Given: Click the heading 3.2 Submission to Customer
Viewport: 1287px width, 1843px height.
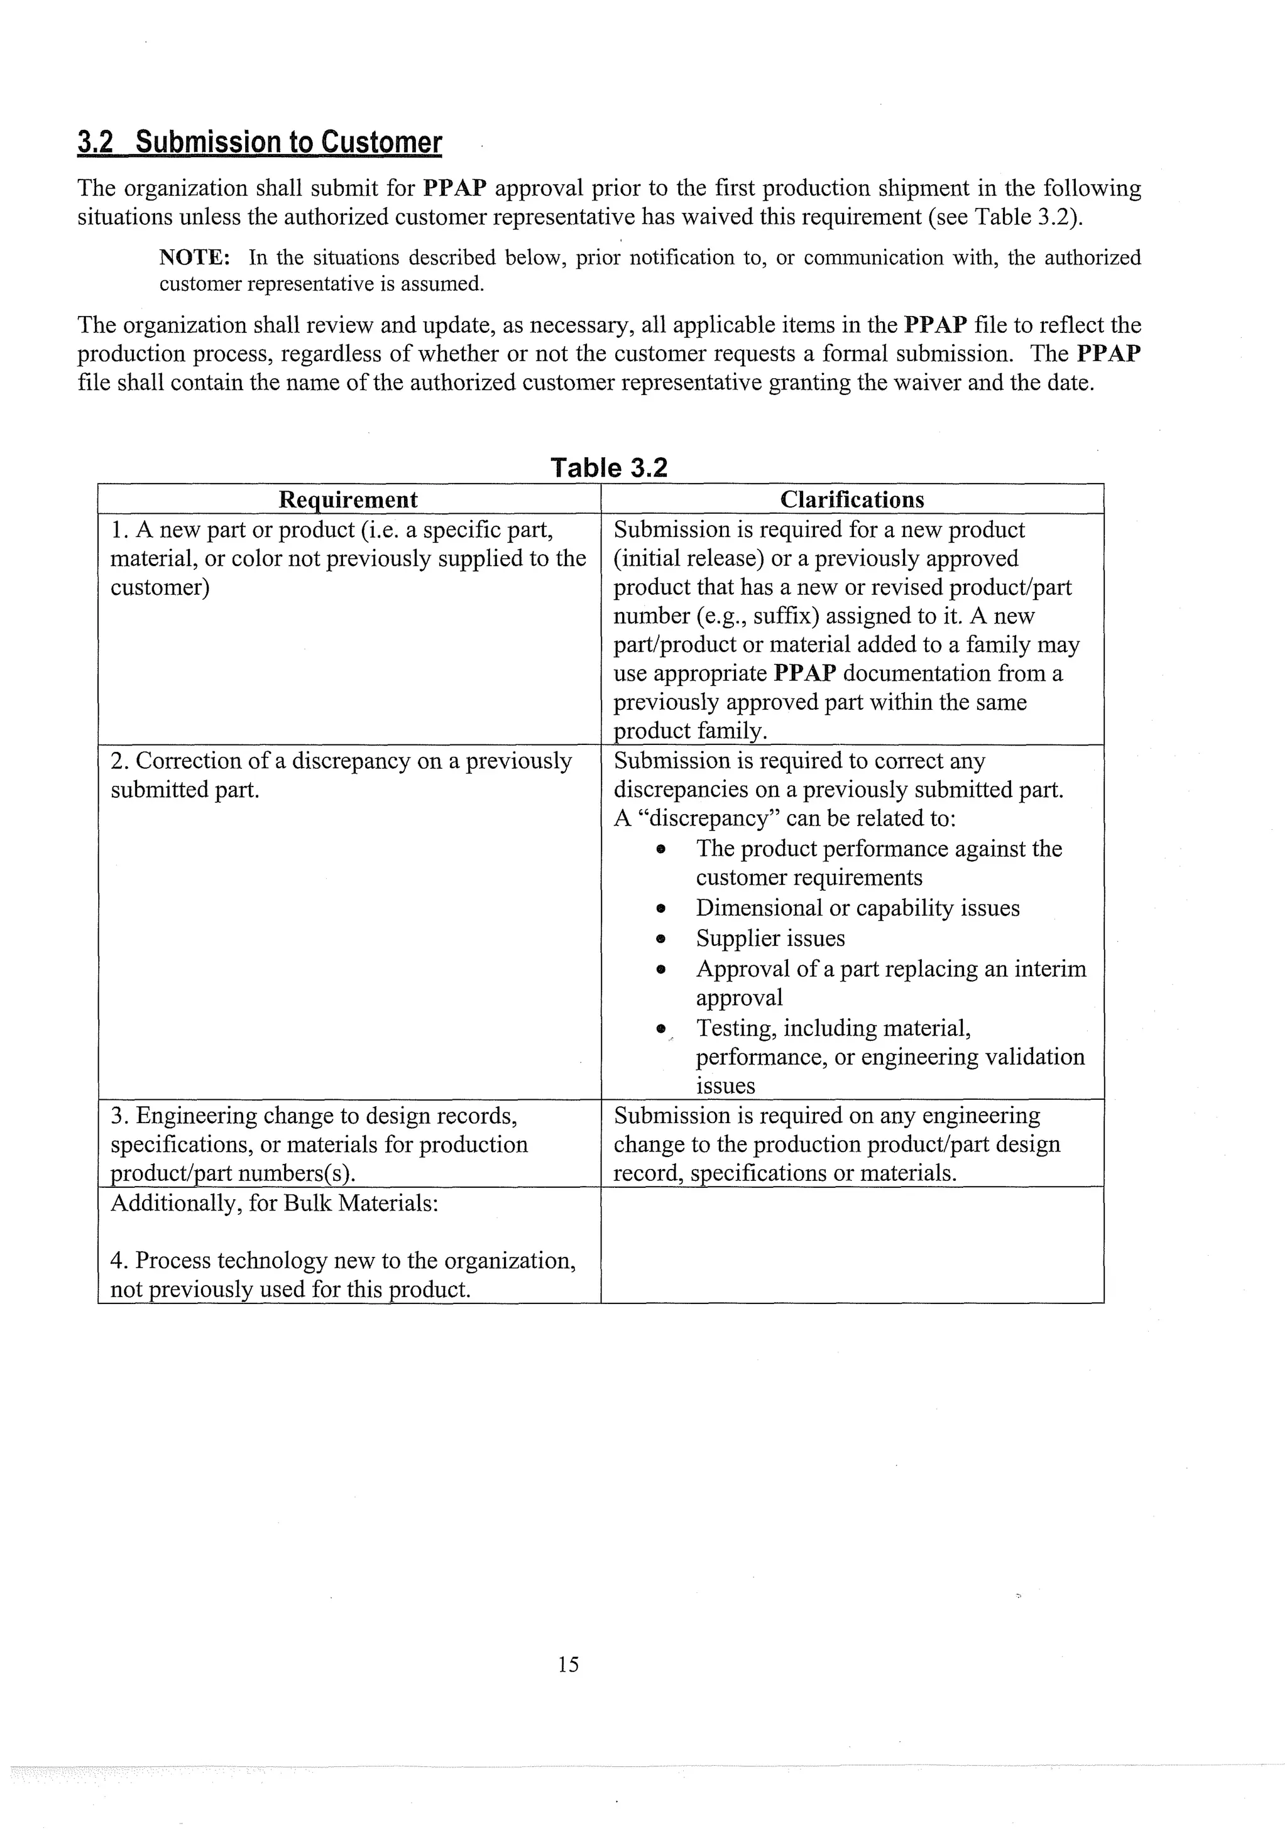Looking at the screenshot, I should click(260, 142).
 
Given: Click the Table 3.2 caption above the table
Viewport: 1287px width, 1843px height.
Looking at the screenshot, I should click(608, 467).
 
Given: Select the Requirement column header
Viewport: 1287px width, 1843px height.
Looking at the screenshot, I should click(348, 499).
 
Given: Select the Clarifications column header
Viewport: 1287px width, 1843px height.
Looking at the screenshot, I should click(852, 499).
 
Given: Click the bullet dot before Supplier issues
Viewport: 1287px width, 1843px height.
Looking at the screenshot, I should click(660, 938).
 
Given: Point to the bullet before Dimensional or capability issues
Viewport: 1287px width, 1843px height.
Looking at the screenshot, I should click(660, 909).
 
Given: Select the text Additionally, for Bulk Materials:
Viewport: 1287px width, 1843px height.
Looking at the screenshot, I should click(274, 1204).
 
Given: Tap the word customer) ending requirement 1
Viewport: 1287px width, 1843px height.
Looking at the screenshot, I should click(160, 587).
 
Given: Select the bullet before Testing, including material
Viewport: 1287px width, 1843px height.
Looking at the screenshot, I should click(660, 1028).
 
